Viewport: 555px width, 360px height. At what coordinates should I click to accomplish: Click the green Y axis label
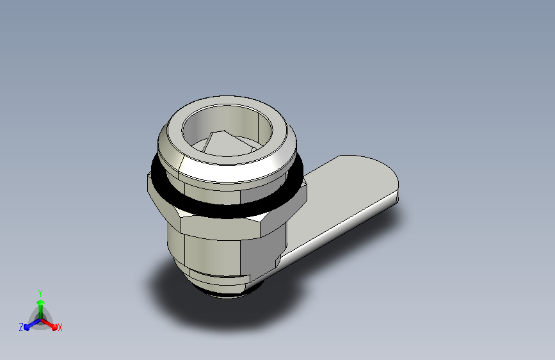[40, 291]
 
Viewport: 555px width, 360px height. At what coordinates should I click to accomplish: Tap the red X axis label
[60, 327]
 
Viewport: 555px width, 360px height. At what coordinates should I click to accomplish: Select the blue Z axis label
[21, 327]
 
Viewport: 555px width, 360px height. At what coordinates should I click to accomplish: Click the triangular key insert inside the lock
[221, 144]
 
